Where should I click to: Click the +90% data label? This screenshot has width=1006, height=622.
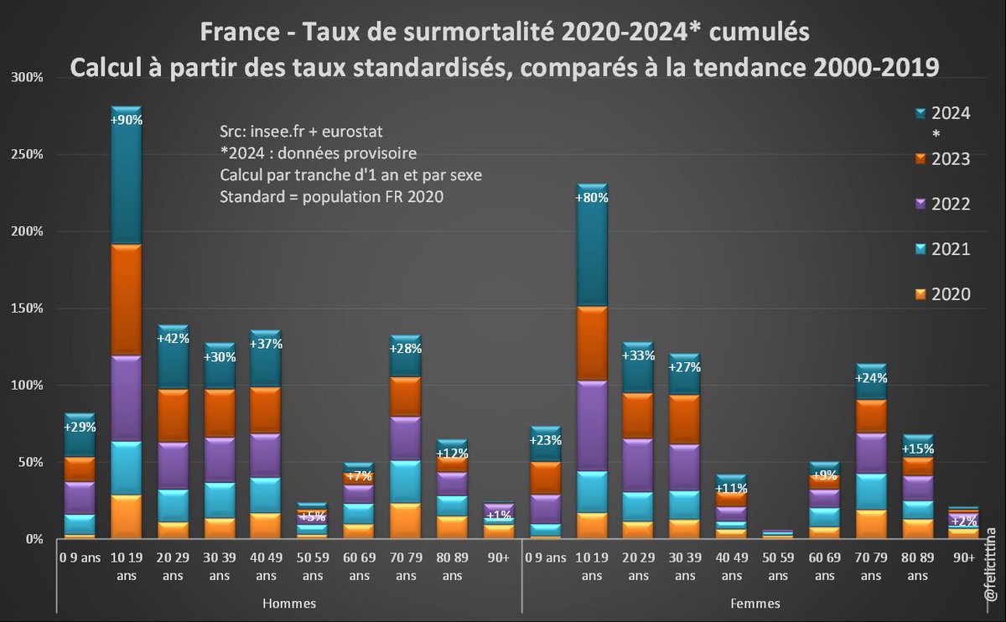tap(127, 120)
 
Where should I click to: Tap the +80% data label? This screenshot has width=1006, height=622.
tap(591, 198)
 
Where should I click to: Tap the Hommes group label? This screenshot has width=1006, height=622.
tap(289, 603)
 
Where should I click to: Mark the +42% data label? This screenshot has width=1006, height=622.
tap(174, 339)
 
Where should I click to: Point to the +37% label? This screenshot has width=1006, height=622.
tap(266, 343)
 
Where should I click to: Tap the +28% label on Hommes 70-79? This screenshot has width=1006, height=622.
tap(406, 348)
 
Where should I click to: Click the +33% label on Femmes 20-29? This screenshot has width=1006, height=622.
tap(638, 355)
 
